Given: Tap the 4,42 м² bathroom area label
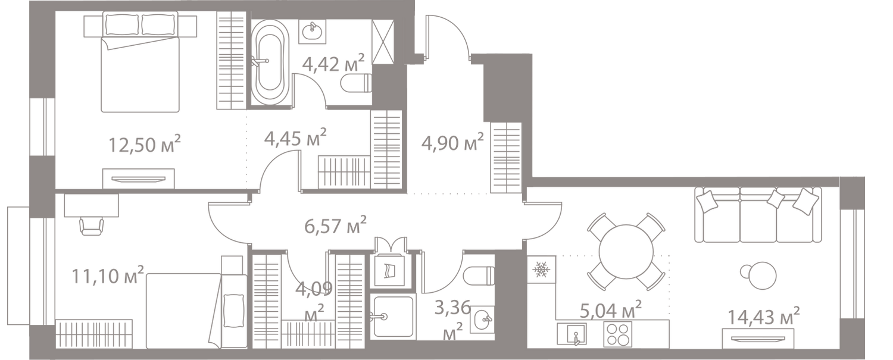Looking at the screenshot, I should coord(332,62).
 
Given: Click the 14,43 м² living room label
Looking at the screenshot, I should coord(764,316).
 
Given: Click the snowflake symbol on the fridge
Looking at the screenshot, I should coord(541,270).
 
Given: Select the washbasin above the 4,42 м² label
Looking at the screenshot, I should coord(311,31).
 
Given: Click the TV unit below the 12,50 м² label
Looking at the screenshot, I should coord(138,177).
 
